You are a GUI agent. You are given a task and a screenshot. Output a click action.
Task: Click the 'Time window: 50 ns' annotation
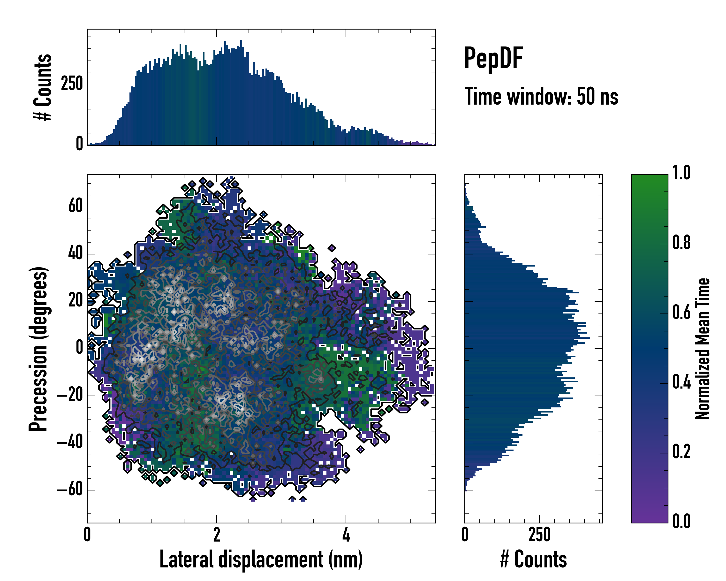tap(541, 96)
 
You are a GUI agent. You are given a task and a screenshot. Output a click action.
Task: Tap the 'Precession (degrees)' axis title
tap(38, 349)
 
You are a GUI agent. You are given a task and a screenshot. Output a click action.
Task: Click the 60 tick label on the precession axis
tap(76, 206)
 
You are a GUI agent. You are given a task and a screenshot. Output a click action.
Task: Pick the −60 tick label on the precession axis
tap(70, 490)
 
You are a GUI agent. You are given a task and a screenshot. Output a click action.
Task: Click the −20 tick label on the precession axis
tap(70, 395)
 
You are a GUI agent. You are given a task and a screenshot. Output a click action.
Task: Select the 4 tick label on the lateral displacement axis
tap(346, 535)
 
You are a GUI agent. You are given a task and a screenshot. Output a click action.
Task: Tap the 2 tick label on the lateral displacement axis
tap(217, 535)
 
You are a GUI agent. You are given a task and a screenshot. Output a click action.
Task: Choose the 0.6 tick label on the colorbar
tap(681, 313)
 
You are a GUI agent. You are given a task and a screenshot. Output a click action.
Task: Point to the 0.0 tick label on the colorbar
tap(681, 521)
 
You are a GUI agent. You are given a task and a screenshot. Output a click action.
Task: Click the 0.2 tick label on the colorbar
tap(681, 452)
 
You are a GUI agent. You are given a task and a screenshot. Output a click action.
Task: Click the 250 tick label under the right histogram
tap(539, 535)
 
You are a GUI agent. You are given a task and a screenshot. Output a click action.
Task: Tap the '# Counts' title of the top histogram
tap(43, 87)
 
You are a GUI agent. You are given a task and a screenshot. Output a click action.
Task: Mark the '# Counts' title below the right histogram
tap(533, 560)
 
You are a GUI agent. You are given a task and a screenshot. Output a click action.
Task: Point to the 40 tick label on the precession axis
tap(76, 254)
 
